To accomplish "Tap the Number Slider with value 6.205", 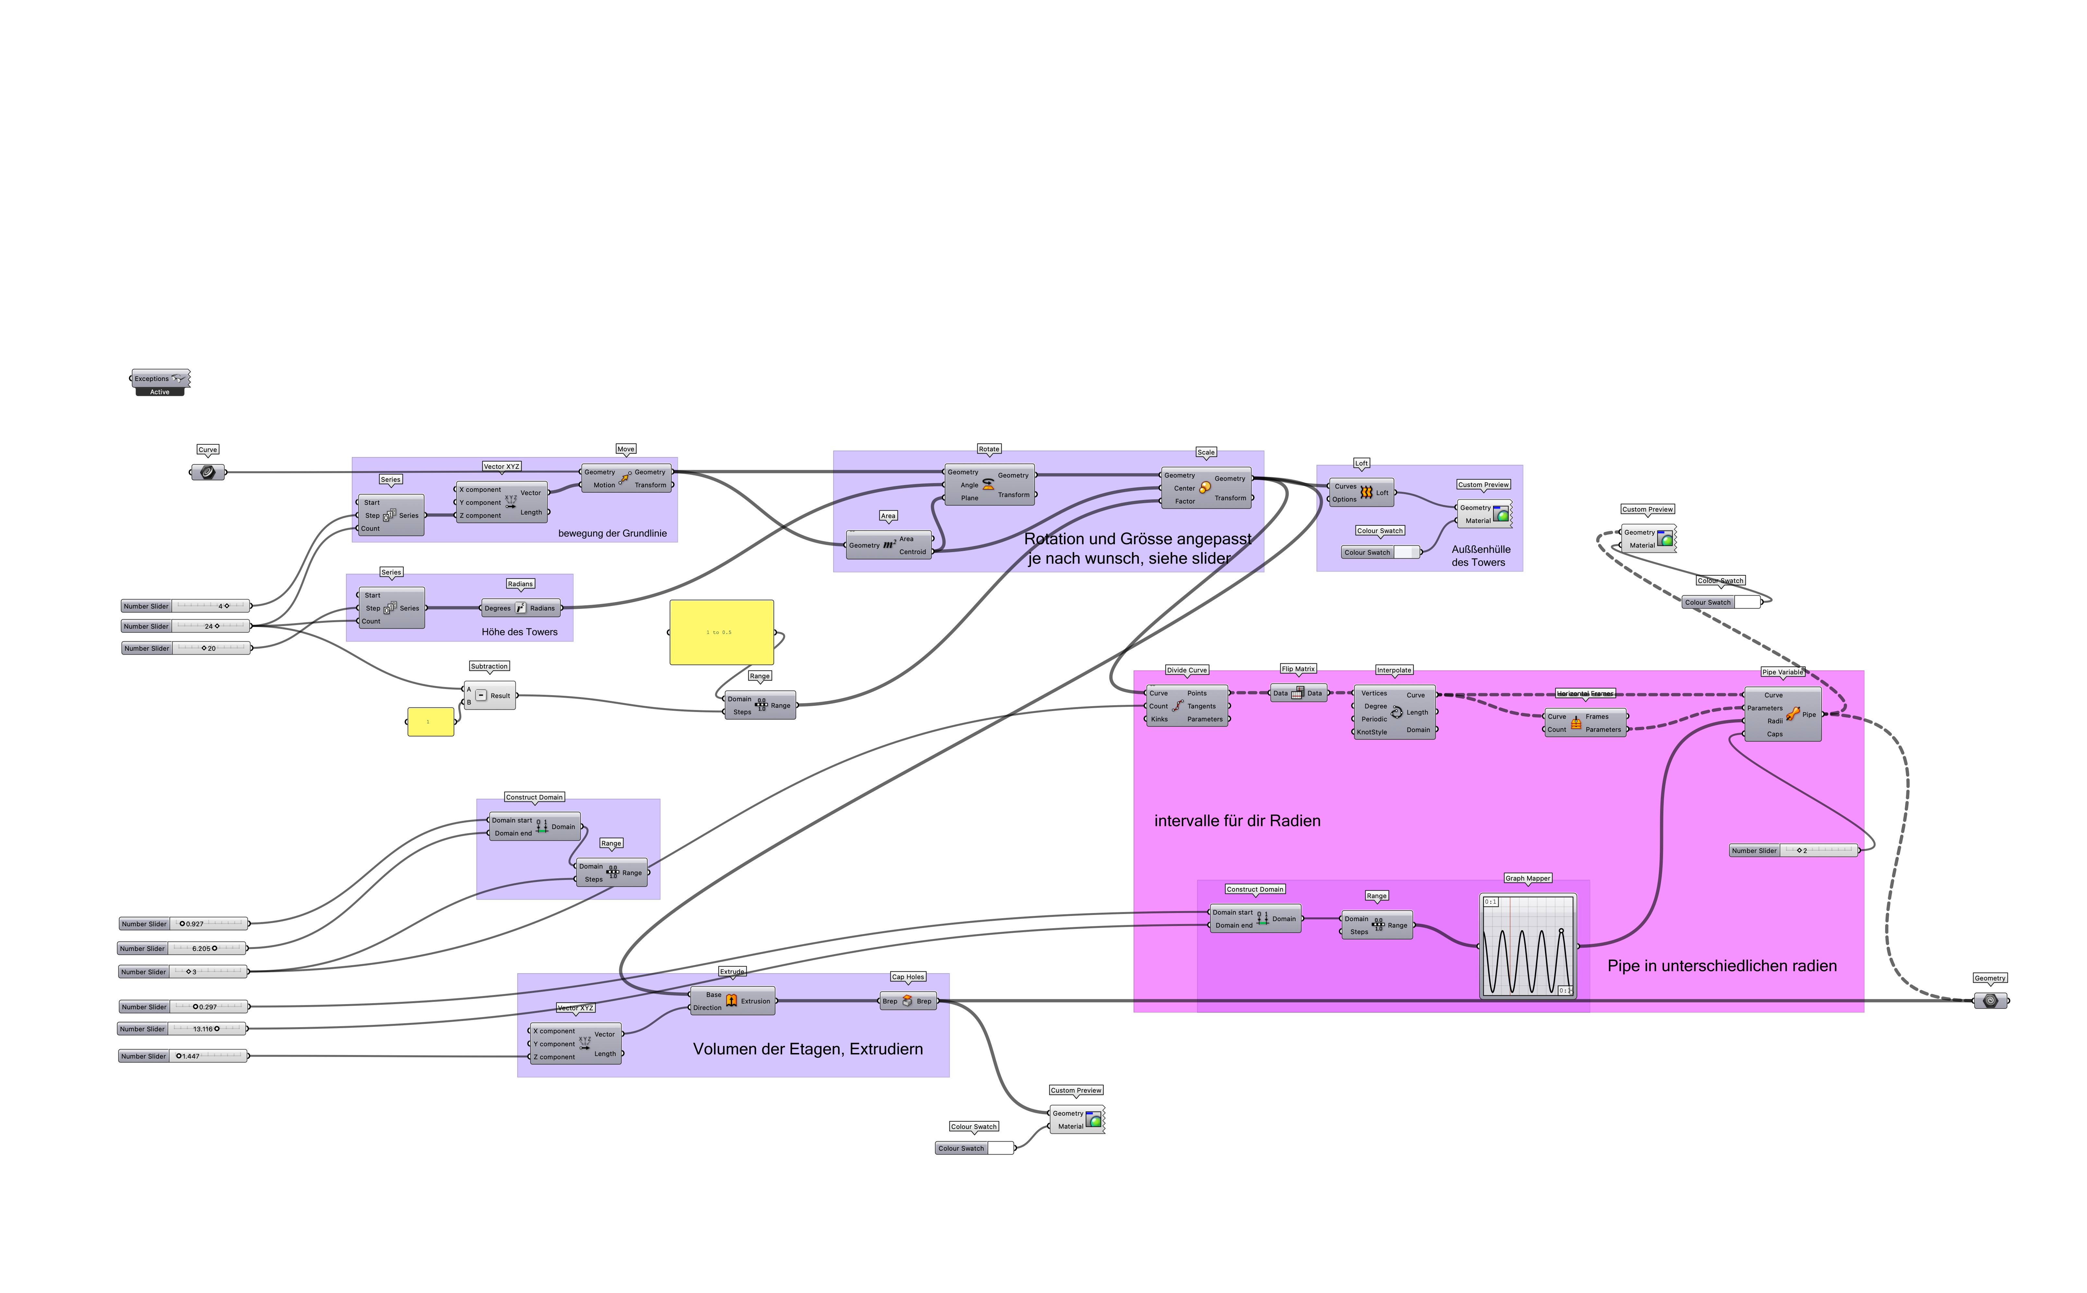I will (x=182, y=948).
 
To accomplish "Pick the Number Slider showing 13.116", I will (x=182, y=1029).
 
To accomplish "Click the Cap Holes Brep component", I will (x=908, y=1002).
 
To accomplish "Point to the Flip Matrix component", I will (x=1297, y=694).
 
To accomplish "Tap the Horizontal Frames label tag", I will (x=1585, y=694).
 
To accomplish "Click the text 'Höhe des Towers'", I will (x=519, y=632).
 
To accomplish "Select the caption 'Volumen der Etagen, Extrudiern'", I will (x=807, y=1049).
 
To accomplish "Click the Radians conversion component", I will (x=520, y=608).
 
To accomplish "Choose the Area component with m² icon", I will (x=889, y=545).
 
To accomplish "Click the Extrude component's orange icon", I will (x=731, y=1001).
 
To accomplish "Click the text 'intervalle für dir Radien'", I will (x=1237, y=821).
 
